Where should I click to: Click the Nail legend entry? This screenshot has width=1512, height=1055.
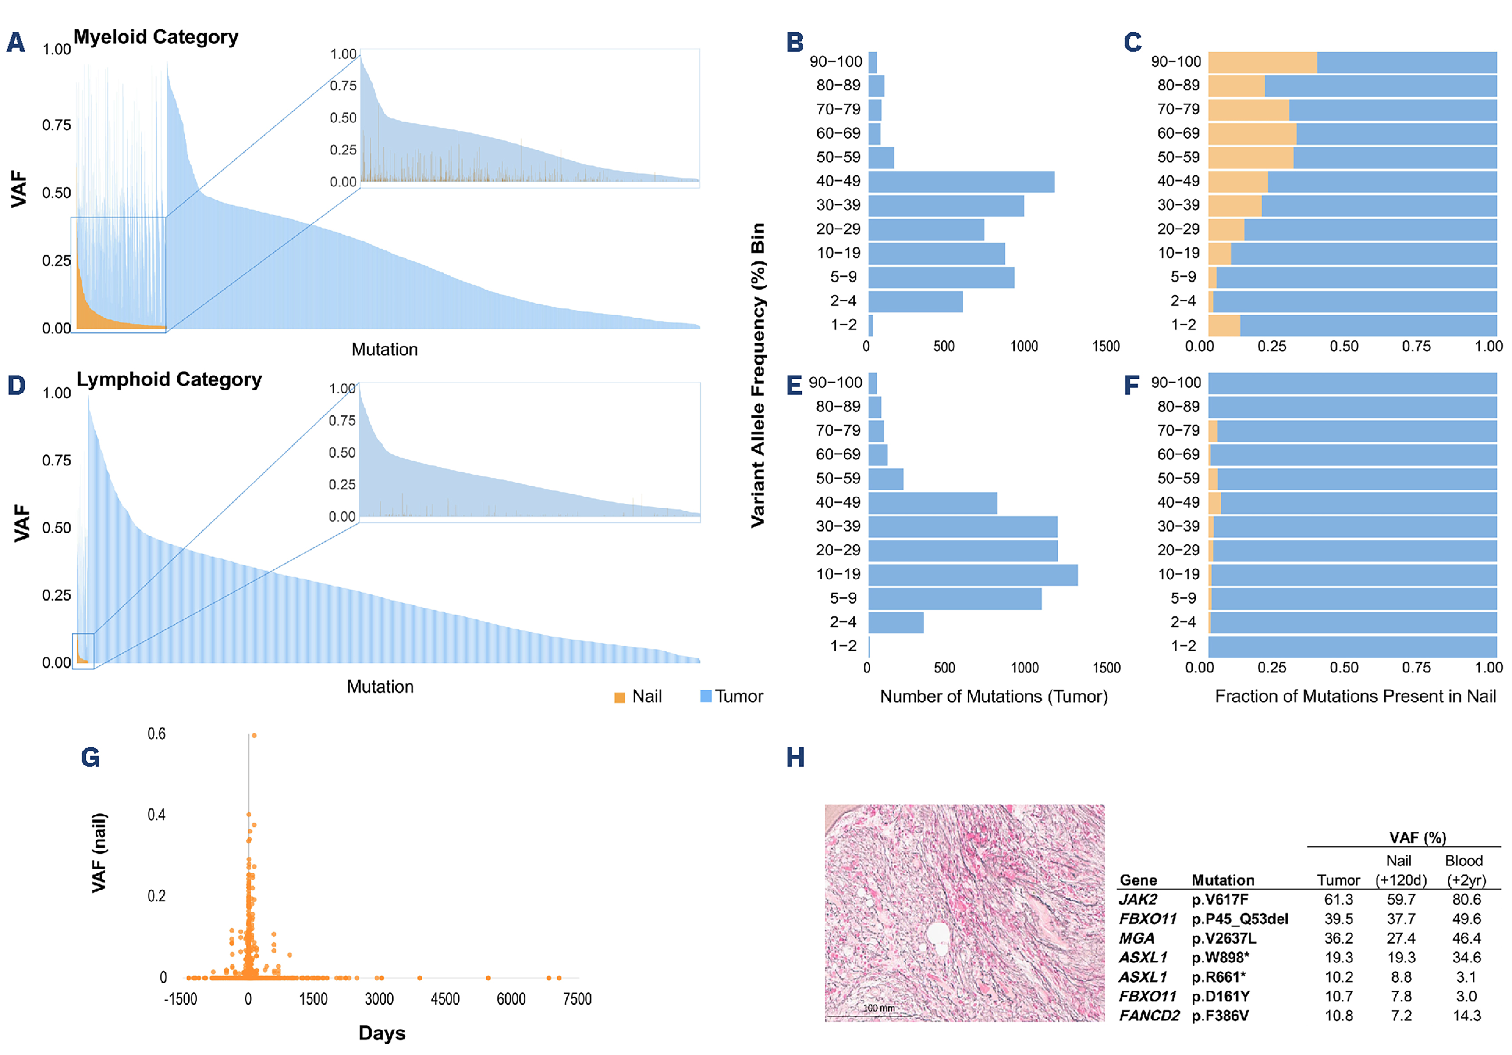click(638, 697)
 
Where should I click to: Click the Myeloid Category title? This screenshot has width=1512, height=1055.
click(156, 37)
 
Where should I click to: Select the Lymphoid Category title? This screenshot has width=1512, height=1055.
click(169, 379)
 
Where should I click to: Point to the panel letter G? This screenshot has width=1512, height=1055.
click(90, 758)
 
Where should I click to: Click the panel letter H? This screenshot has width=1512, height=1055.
click(795, 758)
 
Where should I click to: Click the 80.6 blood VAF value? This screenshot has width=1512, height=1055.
click(1466, 899)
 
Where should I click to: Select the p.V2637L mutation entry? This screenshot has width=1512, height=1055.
click(1224, 938)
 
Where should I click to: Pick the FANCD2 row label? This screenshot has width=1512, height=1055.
click(1149, 1016)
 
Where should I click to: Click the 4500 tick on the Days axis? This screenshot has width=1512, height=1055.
click(445, 999)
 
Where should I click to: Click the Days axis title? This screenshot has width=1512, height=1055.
click(382, 1033)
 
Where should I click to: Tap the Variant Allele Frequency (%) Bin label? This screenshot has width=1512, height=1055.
click(758, 374)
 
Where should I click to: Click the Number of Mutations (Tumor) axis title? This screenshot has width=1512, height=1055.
click(994, 697)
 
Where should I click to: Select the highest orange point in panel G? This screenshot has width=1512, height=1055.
click(254, 735)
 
